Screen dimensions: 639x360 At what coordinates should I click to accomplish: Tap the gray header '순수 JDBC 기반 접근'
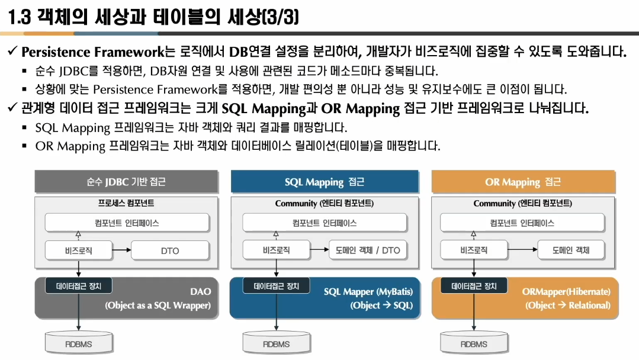pos(126,182)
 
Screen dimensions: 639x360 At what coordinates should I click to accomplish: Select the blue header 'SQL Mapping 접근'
pos(324,182)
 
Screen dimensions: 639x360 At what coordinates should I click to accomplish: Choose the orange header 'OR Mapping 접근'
pos(522,182)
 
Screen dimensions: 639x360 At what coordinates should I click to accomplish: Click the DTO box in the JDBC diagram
pos(170,250)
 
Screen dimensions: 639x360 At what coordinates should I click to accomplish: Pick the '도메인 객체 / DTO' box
pos(368,250)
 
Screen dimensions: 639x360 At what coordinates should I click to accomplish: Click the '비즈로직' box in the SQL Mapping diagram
pos(277,250)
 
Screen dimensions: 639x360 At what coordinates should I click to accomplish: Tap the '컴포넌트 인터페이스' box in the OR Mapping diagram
pos(522,223)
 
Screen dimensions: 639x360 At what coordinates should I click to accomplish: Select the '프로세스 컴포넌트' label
pos(126,203)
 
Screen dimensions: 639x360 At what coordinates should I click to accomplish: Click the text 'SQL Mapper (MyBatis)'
pos(368,291)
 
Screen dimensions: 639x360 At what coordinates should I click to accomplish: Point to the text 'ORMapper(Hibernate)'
pos(566,291)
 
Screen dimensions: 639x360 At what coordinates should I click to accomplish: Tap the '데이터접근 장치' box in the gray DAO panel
pos(79,286)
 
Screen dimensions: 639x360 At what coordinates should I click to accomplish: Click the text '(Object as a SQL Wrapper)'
pos(158,306)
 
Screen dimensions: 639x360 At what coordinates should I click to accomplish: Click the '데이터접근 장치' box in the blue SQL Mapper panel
pos(277,286)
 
